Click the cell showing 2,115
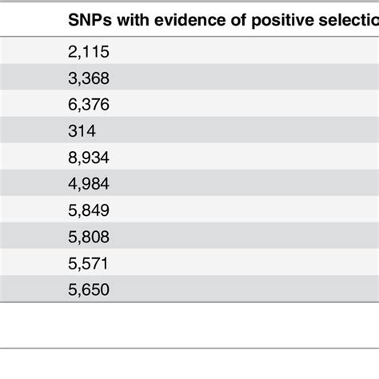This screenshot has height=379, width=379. click(x=89, y=53)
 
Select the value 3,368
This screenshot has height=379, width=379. click(x=89, y=79)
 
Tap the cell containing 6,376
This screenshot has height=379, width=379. click(x=89, y=105)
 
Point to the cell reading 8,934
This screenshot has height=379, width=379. click(x=89, y=158)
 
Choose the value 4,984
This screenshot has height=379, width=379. click(x=89, y=184)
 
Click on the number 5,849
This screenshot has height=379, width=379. click(x=89, y=210)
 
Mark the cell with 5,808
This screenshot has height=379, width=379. click(x=89, y=237)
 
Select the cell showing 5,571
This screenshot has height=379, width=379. click(x=89, y=263)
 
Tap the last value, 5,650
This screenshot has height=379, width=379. click(x=89, y=289)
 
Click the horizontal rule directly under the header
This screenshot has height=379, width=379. click(x=189, y=39)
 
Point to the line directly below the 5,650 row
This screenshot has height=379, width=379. click(x=189, y=303)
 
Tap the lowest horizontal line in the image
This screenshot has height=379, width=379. click(x=189, y=348)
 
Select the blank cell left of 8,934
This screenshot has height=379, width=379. click(x=28, y=158)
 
